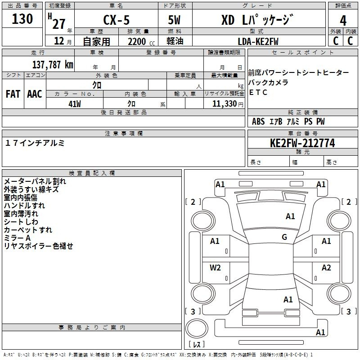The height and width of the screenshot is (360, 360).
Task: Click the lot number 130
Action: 22,19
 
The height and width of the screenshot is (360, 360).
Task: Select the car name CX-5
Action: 117,20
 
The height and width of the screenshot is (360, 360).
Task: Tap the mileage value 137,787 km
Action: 53,65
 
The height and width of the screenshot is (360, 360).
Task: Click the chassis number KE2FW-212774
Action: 302,143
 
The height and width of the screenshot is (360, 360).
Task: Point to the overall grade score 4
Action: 343,21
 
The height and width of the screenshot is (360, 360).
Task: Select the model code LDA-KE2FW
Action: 258,41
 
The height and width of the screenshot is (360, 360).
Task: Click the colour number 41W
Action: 75,104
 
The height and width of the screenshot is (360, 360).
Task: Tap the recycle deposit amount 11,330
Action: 225,104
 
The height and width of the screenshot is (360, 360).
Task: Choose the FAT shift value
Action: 13,94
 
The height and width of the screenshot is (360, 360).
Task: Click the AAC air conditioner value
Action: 35,94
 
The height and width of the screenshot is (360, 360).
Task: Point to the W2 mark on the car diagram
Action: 215,268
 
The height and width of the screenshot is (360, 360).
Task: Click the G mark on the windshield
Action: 284,237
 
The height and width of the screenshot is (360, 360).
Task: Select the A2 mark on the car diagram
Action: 326,268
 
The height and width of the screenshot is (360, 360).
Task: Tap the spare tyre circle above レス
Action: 197,328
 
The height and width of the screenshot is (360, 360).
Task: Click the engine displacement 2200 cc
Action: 141,42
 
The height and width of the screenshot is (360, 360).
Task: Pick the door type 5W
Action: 174,20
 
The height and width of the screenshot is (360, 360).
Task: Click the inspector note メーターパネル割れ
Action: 35,181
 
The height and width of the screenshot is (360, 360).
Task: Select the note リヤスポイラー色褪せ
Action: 38,246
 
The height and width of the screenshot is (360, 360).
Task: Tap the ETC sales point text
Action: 258,92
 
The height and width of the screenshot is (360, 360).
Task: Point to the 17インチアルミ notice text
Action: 35,143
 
